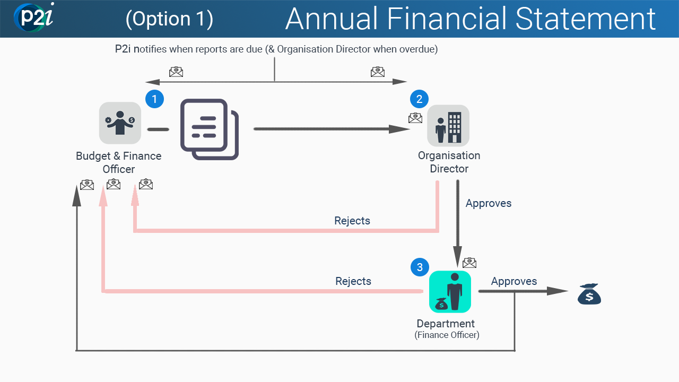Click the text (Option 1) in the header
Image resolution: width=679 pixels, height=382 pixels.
169,19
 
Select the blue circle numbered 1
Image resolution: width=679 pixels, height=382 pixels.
154,99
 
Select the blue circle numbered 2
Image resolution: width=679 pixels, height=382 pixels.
419,99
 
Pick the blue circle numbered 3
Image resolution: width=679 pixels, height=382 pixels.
420,267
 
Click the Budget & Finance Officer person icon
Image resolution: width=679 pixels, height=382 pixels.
120,123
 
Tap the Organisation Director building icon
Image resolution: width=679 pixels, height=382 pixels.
448,126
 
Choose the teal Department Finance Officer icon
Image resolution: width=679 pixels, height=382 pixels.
450,292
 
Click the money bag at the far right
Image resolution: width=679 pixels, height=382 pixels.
589,294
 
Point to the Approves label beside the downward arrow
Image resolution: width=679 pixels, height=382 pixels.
488,203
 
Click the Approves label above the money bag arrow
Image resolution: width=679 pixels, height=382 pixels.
513,281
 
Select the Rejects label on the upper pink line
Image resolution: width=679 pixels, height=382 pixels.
352,221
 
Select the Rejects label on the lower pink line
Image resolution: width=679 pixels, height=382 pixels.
353,281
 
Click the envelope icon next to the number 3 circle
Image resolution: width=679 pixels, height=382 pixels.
469,263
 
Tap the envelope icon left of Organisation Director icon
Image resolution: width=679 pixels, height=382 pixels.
415,118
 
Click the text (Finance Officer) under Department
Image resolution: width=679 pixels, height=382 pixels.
447,335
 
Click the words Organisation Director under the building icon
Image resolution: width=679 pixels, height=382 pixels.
449,162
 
